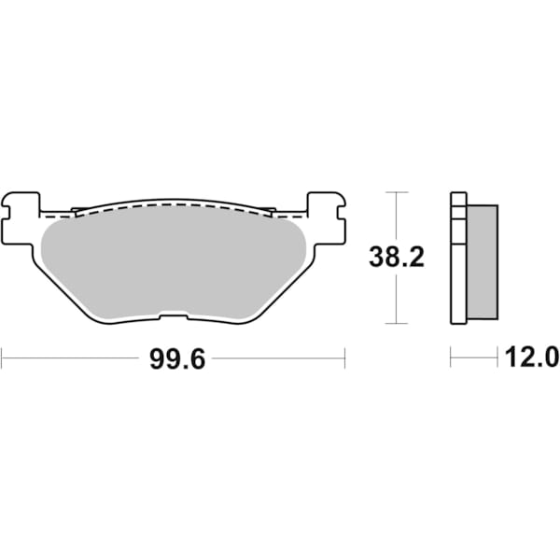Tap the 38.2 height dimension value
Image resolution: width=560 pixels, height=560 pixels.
click(x=397, y=258)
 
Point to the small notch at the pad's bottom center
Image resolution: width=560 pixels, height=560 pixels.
click(x=174, y=315)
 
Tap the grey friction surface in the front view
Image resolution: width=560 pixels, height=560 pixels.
click(x=174, y=261)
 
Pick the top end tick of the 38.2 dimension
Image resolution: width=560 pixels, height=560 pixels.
click(x=397, y=191)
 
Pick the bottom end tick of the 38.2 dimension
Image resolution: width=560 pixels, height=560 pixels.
click(x=397, y=324)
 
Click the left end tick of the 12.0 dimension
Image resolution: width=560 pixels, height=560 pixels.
click(x=451, y=357)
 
